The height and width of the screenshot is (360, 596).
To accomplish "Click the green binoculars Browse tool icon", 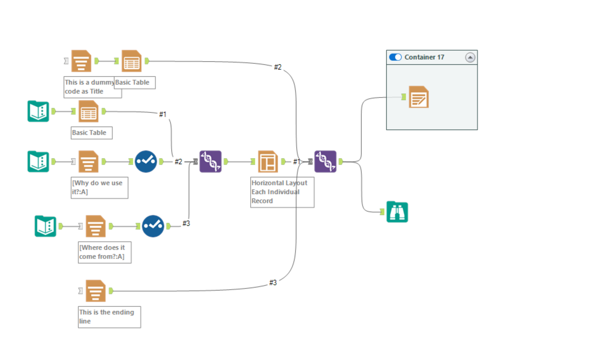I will point(397,212).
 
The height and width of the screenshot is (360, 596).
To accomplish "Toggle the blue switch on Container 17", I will point(395,57).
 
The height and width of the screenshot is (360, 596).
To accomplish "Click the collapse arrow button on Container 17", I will point(470,57).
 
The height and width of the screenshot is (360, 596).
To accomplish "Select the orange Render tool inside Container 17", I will point(418,97).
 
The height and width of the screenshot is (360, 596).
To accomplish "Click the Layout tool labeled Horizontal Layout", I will point(268,162).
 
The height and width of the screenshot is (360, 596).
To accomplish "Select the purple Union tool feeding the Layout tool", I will point(210,162).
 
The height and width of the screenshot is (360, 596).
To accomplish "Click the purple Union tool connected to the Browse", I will point(325,162).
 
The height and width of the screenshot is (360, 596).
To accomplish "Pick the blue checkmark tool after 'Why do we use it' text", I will point(146,162).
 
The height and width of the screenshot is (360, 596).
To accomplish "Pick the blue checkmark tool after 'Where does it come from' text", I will point(153,226).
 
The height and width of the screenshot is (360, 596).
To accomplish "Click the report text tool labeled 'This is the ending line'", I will point(96,291).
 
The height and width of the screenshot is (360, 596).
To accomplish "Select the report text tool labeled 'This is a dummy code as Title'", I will point(81,61).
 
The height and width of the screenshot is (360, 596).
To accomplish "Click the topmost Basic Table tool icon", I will point(132,61).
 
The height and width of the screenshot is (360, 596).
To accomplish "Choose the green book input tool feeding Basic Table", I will point(38,111).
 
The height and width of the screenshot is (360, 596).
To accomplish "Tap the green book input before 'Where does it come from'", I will point(45,226).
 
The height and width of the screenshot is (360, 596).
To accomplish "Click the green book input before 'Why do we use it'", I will point(38,162).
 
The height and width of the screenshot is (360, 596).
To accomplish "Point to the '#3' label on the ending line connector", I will point(273,283).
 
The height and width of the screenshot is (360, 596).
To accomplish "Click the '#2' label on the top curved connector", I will point(278,67).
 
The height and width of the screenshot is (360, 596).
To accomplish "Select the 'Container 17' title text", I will point(424,57).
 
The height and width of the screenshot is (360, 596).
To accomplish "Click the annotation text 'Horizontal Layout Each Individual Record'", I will point(279,192).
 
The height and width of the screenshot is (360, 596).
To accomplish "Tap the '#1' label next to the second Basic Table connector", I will point(163,115).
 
